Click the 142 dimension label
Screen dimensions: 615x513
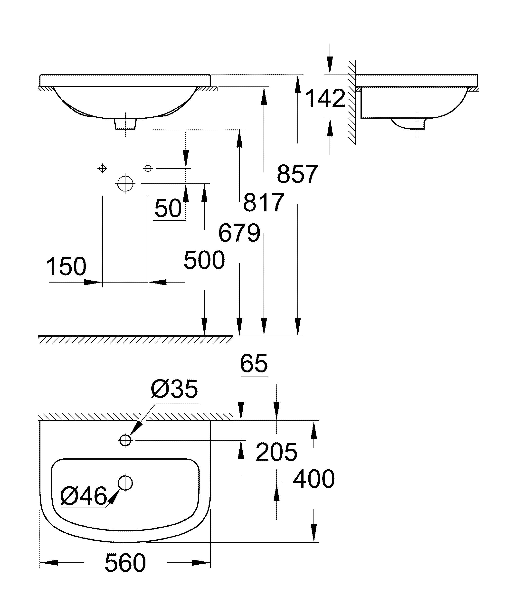coord(325,98)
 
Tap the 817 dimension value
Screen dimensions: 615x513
coord(264,202)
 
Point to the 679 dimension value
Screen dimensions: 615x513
coord(239,233)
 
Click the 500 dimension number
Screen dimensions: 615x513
coord(204,260)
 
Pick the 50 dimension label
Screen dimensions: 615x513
coord(168,208)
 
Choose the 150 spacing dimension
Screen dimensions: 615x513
coord(66,266)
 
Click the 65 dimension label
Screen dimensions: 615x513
coord(254,363)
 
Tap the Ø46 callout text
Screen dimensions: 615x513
coord(84,496)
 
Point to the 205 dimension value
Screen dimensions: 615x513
coord(276,452)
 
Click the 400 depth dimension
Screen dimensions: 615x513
coord(313,479)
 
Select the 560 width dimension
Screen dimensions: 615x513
coord(125,563)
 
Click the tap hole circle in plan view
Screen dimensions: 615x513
coord(125,440)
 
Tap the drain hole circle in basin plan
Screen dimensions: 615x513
coord(125,483)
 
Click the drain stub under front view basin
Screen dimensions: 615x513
coord(125,124)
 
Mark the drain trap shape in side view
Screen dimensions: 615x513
coord(408,123)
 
